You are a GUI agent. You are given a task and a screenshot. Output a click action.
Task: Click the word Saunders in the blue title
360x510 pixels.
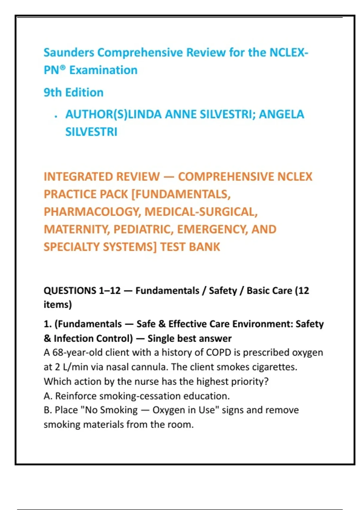point(69,52)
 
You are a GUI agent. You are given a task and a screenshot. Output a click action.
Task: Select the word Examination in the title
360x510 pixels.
point(103,70)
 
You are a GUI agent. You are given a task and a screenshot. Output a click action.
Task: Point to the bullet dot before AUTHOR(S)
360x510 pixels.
point(56,117)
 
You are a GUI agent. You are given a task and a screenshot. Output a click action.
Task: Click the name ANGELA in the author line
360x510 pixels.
point(281,114)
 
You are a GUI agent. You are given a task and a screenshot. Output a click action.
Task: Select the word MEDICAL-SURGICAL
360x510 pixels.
point(201,212)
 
